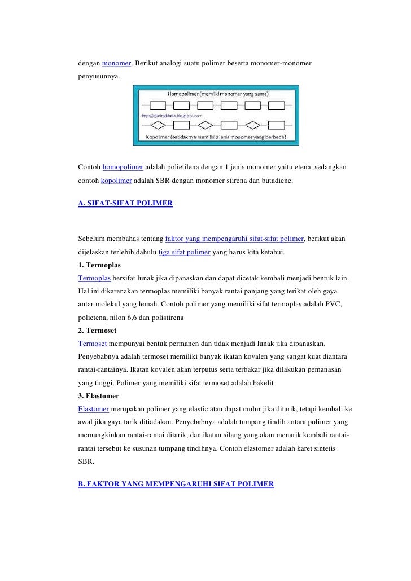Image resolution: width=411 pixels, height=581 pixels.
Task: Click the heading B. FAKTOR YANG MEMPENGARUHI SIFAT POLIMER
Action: [x=176, y=484]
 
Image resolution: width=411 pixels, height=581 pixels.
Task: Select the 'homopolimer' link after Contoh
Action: [x=123, y=168]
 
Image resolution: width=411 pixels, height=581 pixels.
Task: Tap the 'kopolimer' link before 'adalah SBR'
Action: [x=116, y=182]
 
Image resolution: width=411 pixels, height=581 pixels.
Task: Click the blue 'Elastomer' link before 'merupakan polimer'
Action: [x=93, y=409]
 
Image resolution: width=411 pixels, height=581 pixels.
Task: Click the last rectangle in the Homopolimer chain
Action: [x=277, y=105]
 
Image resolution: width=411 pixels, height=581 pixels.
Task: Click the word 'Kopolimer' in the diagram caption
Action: [x=160, y=137]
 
